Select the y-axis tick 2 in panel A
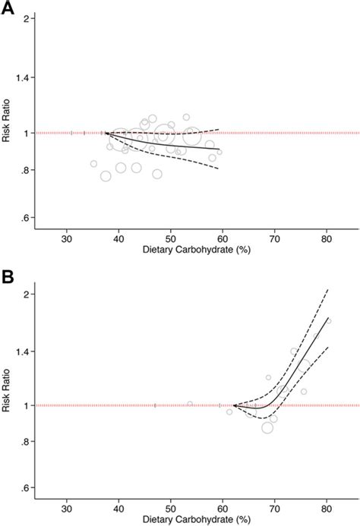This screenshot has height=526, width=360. click(27, 18)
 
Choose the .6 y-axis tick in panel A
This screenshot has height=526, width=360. click(27, 219)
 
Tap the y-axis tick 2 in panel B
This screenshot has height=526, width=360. click(27, 294)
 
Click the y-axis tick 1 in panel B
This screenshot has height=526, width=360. click(27, 405)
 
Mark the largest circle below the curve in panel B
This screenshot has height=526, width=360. click(267, 427)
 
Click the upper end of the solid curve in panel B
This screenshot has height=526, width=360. click(327, 318)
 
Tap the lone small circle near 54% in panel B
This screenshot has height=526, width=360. click(190, 404)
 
